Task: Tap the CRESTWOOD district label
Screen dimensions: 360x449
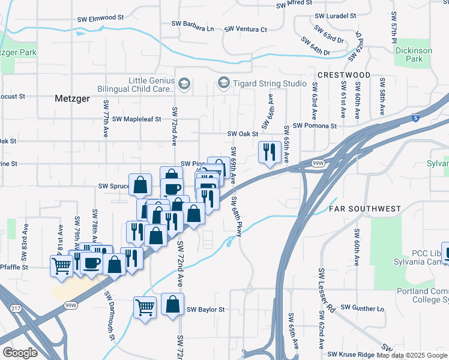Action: point(344,74)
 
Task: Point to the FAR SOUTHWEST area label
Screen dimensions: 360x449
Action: point(364,209)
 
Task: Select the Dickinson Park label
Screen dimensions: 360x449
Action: point(414,55)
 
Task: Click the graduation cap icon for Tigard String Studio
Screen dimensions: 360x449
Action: point(224,82)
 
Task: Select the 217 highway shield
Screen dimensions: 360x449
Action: point(16,308)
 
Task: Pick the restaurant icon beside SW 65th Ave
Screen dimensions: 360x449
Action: point(269,152)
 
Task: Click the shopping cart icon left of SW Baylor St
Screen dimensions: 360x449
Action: point(145,308)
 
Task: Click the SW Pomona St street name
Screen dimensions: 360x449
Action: point(315,126)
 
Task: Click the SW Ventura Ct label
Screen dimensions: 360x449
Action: point(246,29)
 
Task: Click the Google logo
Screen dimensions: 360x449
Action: point(20,353)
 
